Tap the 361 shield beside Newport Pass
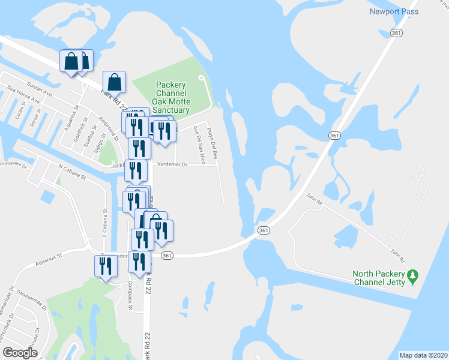pyautogui.click(x=395, y=33)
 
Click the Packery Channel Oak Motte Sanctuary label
pyautogui.click(x=170, y=97)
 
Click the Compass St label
pyautogui.click(x=130, y=298)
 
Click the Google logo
pyautogui.click(x=19, y=353)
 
